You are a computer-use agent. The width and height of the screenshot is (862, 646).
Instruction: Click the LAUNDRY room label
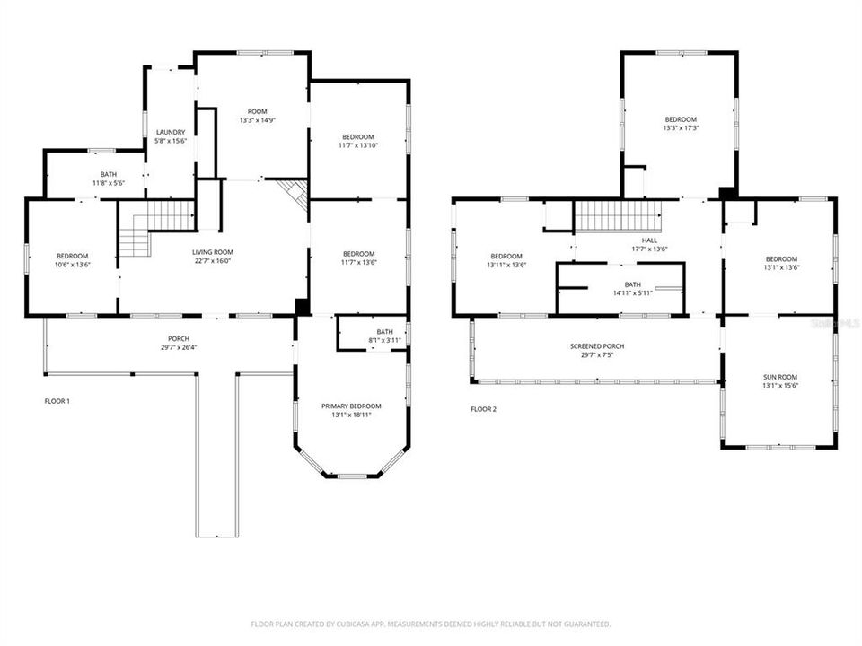click(x=170, y=132)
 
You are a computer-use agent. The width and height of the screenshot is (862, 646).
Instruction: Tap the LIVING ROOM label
click(x=213, y=252)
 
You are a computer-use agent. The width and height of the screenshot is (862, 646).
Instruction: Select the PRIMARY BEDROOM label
click(x=351, y=406)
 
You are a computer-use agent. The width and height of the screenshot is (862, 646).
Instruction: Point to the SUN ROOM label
click(x=780, y=377)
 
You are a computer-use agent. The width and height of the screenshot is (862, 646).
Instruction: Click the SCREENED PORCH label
click(x=596, y=346)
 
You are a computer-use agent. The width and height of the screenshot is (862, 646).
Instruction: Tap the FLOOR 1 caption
click(x=57, y=401)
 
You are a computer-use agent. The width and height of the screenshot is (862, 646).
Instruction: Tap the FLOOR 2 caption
click(x=483, y=409)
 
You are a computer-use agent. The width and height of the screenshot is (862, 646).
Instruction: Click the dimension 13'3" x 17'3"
click(x=680, y=128)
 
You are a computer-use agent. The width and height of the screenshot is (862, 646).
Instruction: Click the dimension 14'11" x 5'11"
click(x=633, y=293)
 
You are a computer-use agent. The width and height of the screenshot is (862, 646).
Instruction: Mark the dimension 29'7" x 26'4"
click(x=177, y=347)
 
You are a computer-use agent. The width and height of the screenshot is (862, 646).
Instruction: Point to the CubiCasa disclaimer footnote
click(x=431, y=624)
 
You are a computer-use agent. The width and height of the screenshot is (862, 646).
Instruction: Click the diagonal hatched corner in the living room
click(x=294, y=193)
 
